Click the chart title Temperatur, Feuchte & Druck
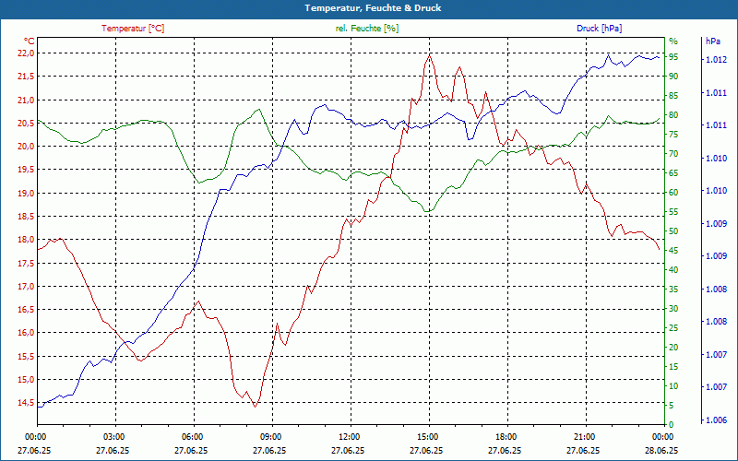point(368,7)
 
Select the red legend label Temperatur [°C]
point(133,29)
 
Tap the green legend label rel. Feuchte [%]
point(367,29)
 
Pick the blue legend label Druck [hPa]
point(601,29)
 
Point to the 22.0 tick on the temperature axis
point(25,53)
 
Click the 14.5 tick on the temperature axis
point(25,403)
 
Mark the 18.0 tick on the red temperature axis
point(25,240)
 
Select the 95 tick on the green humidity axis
point(674,57)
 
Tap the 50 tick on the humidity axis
point(674,231)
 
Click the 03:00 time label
point(114,436)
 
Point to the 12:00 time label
point(349,436)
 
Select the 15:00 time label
point(427,436)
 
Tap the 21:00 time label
point(583,436)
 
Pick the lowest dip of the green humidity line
point(426,211)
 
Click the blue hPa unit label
point(713,41)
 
